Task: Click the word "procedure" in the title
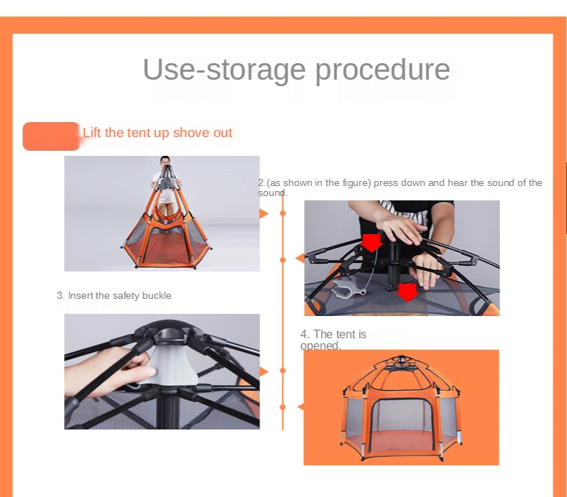point(383,70)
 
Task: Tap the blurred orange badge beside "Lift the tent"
point(50,136)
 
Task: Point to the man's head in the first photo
point(165,160)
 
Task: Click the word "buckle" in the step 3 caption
point(157,295)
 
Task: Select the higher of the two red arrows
point(372,243)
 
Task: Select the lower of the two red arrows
point(407,292)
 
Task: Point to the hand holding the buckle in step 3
point(109,372)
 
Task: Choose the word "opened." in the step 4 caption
point(321,346)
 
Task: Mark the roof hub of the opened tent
point(402,360)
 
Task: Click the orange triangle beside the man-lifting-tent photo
point(264,213)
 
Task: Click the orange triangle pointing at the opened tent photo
point(300,407)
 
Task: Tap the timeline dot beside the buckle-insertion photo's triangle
point(282,371)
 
